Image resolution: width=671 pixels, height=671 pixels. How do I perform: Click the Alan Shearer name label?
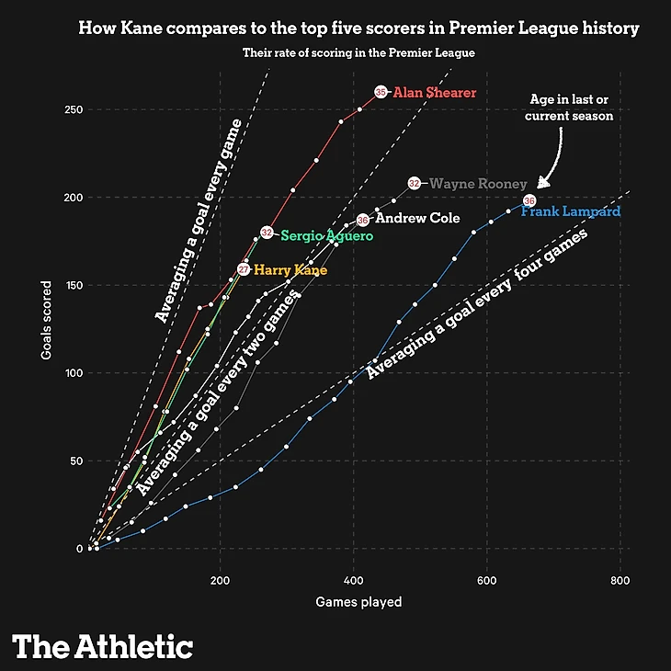pos(435,93)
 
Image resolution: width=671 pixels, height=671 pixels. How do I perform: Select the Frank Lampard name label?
pos(570,212)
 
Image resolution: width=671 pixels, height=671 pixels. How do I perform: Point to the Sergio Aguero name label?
pos(326,236)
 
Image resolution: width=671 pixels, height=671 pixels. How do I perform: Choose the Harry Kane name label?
pos(290,270)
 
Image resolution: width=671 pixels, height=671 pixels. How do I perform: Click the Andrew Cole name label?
pos(417,219)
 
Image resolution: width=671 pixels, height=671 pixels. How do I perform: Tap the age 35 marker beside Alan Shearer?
pos(381,92)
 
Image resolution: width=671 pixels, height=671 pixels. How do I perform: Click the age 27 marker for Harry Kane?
pos(244,269)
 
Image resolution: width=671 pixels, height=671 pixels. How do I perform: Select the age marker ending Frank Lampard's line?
pos(529,200)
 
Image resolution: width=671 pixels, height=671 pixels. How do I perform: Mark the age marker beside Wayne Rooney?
pos(415,184)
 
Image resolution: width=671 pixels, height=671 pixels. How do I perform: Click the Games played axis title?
pos(358,603)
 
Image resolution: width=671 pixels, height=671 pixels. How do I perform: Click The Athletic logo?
pos(102,645)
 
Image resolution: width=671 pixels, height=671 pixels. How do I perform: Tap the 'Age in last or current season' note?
pos(571,108)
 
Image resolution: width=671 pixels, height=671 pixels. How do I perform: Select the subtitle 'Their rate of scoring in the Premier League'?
pos(358,53)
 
